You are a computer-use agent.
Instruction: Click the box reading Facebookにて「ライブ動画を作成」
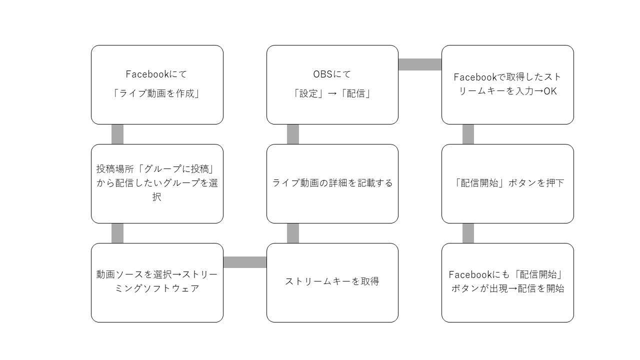point(157,84)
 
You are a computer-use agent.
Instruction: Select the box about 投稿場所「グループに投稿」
point(157,183)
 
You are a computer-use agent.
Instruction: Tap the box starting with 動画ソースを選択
point(157,283)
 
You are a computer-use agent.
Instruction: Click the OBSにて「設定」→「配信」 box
point(332,84)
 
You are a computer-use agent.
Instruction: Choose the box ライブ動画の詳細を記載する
point(332,183)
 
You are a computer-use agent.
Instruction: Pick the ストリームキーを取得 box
point(332,283)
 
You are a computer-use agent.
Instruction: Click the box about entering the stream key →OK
point(507,84)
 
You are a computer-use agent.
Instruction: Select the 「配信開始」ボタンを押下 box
point(507,183)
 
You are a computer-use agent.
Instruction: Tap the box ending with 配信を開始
point(507,283)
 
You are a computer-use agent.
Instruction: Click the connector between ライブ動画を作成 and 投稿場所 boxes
point(117,134)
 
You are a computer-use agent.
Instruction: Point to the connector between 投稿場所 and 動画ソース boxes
point(117,233)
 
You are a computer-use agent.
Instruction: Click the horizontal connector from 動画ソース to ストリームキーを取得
point(245,262)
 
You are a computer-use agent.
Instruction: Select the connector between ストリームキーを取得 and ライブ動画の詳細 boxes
point(293,233)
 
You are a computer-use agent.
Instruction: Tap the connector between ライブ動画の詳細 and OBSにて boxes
point(293,134)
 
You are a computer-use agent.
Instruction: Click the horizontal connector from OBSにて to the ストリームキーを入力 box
point(420,64)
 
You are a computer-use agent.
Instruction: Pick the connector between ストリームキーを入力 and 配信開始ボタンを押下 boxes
point(468,134)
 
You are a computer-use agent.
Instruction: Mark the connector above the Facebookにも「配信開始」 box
point(468,233)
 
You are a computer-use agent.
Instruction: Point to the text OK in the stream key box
point(550,91)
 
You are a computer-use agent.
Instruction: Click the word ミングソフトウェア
point(157,288)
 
